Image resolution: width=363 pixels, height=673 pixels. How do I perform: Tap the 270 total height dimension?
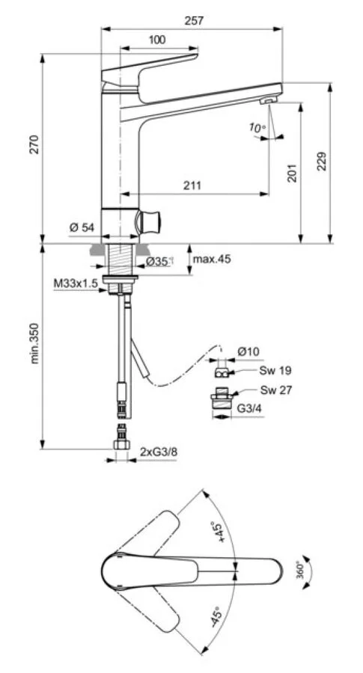tap(34, 147)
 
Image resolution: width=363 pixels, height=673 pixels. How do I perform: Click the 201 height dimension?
tap(293, 173)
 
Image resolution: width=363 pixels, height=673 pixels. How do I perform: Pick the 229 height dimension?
tap(321, 163)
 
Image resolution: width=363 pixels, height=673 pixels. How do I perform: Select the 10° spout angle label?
tap(257, 129)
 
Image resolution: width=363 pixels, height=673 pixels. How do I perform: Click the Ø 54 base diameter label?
tap(82, 228)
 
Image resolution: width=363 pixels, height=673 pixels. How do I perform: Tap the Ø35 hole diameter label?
tap(159, 261)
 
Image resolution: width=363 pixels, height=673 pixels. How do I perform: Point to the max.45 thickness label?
tap(212, 259)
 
